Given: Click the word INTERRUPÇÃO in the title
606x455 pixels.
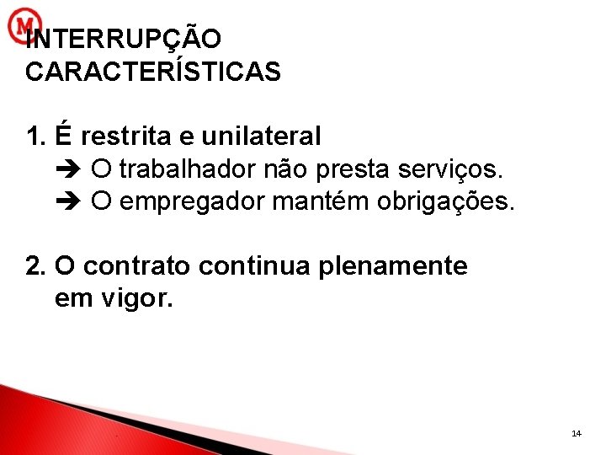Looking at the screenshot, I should click(x=125, y=40).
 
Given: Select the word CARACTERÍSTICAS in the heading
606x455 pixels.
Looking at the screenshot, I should click(x=153, y=72).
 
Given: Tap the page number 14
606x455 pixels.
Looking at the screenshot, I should click(x=576, y=433).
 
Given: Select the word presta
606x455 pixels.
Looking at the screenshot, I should click(x=348, y=170).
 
